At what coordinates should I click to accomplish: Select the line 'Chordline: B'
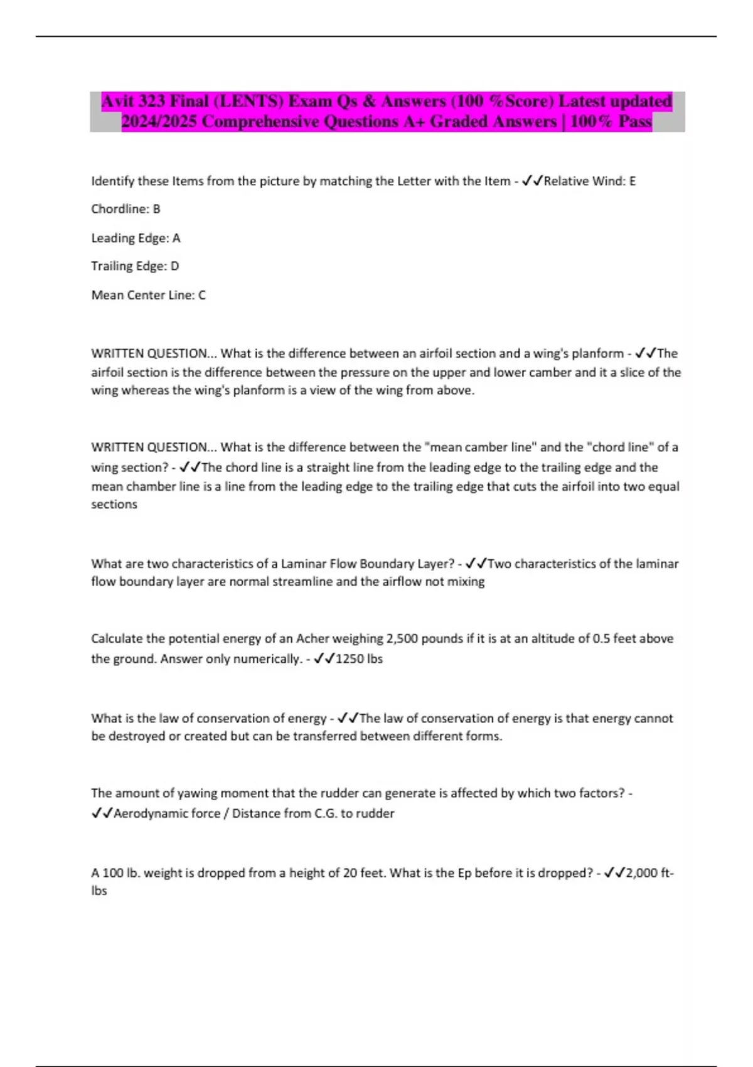pyautogui.click(x=125, y=209)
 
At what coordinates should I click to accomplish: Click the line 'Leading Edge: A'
pyautogui.click(x=136, y=238)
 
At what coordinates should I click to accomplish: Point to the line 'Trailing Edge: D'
pyautogui.click(x=135, y=266)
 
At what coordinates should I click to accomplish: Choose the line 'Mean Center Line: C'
pyautogui.click(x=148, y=295)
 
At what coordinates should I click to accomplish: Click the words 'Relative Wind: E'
pyautogui.click(x=589, y=181)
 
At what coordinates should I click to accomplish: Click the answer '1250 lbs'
pyautogui.click(x=359, y=659)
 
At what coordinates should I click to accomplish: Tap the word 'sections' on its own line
pyautogui.click(x=114, y=505)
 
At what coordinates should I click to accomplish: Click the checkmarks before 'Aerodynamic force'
pyautogui.click(x=102, y=813)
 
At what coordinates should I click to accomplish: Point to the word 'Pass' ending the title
pyautogui.click(x=634, y=122)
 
